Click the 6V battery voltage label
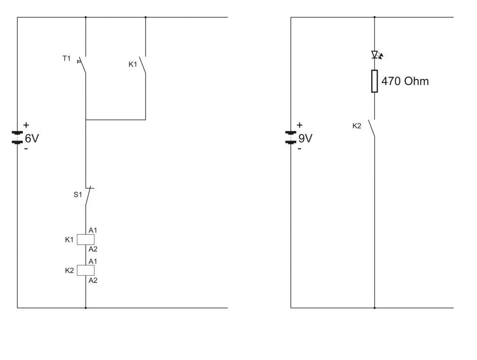point(31,138)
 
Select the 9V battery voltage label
point(305,138)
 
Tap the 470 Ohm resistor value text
point(405,81)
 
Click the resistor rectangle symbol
point(374,81)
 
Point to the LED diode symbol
point(375,54)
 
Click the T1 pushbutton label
point(67,59)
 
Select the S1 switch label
point(77,194)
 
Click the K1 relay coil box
point(86,240)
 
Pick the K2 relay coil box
point(86,270)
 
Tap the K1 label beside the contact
point(133,64)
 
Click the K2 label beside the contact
point(357,126)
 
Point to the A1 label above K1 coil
point(93,230)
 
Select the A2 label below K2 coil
point(93,280)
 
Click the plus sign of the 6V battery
point(26,125)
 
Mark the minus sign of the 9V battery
point(300,149)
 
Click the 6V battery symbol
point(17,137)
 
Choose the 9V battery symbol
point(291,137)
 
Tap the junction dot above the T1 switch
point(86,17)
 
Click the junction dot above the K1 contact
point(145,17)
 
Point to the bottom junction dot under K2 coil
point(86,308)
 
